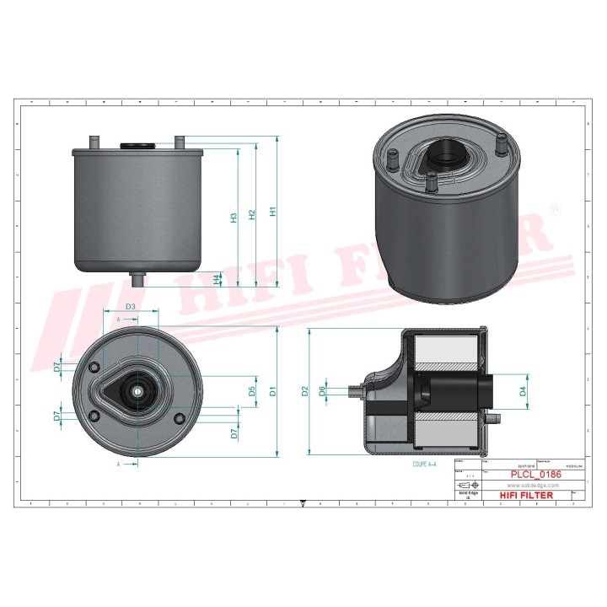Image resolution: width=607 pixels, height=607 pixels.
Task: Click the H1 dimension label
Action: pyautogui.click(x=271, y=212)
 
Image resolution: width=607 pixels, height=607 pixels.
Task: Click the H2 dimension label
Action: pyautogui.click(x=252, y=215)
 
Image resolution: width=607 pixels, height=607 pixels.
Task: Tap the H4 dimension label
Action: pyautogui.click(x=217, y=278)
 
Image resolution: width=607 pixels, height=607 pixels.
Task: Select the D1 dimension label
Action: pyautogui.click(x=272, y=391)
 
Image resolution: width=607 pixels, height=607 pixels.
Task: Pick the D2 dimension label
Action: pyautogui.click(x=305, y=391)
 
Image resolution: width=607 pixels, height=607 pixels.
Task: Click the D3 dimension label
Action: pyautogui.click(x=131, y=307)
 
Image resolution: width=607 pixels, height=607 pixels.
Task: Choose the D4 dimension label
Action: pyautogui.click(x=523, y=391)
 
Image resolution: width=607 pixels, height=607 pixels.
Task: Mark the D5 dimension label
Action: pyautogui.click(x=251, y=391)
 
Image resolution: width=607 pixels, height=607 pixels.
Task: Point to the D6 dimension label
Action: pyautogui.click(x=322, y=391)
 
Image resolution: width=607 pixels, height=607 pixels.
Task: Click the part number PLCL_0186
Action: pyautogui.click(x=531, y=475)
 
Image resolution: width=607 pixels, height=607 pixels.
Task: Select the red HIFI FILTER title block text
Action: pyautogui.click(x=529, y=495)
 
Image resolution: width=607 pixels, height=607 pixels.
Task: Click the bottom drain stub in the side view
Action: pyautogui.click(x=137, y=278)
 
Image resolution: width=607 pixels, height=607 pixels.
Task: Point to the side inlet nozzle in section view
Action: pyautogui.click(x=356, y=390)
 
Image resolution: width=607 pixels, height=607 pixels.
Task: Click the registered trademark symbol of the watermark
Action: pyautogui.click(x=554, y=208)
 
